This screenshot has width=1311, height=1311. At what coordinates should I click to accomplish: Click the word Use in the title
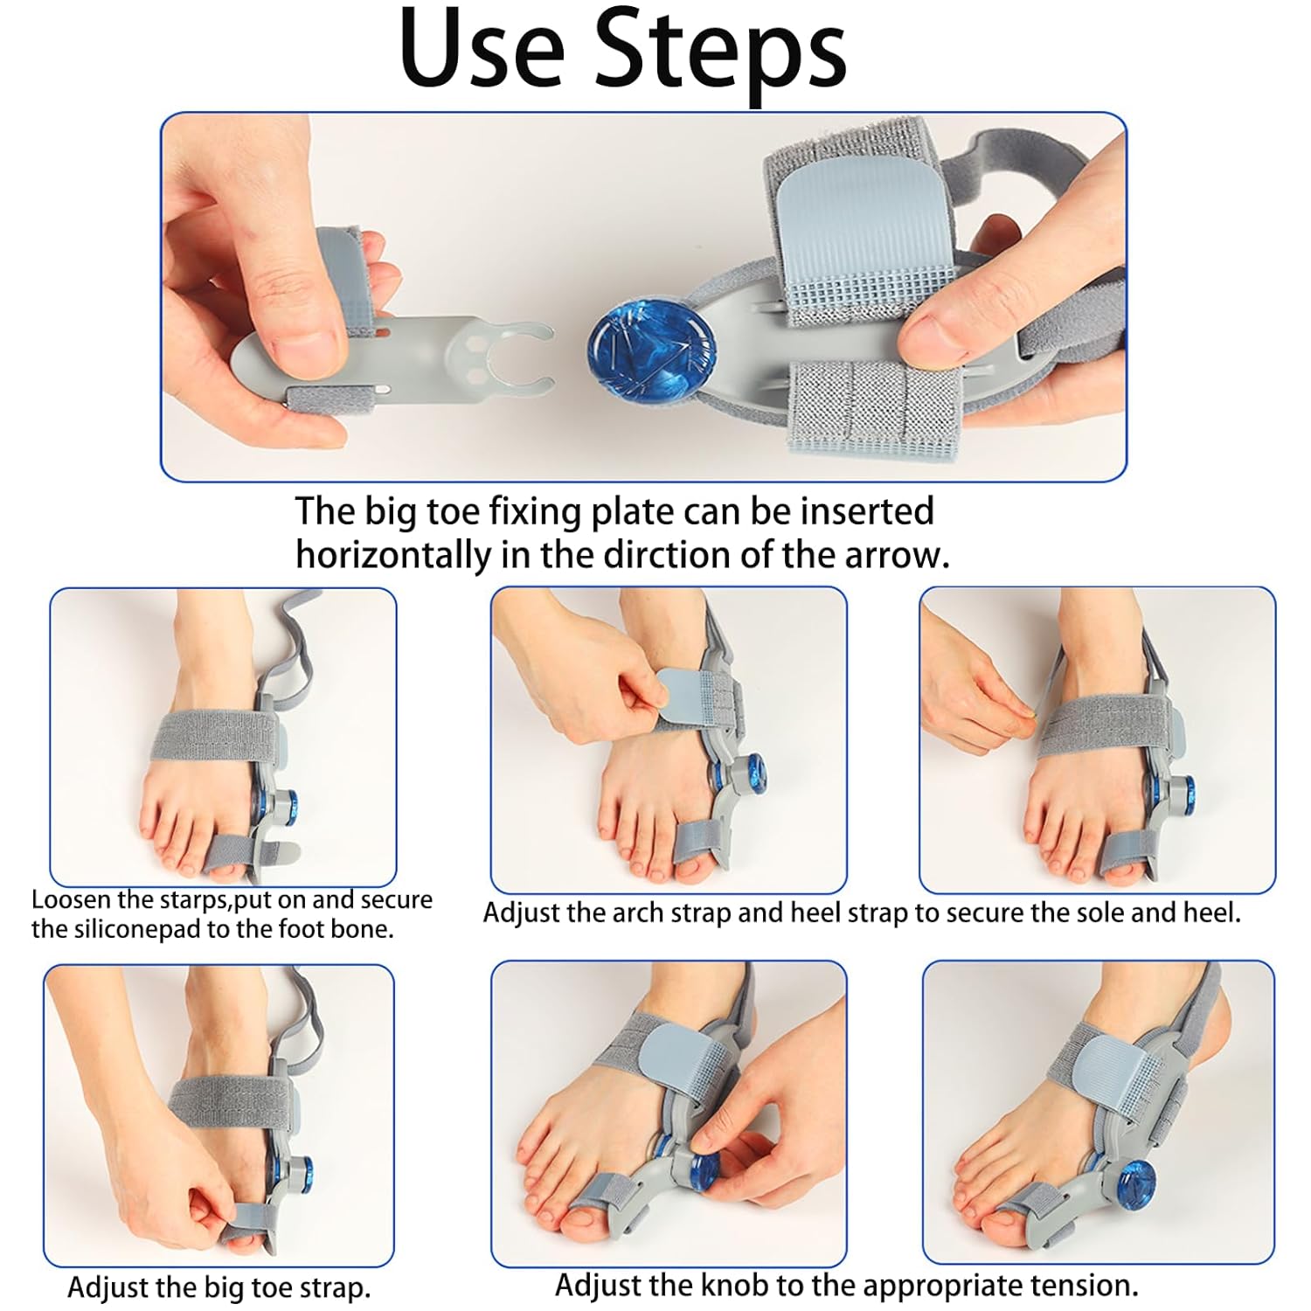pos(482,48)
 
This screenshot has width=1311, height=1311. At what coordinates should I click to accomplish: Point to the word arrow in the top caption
pos(895,557)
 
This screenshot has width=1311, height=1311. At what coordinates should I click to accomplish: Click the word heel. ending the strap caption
pos(1211,913)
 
